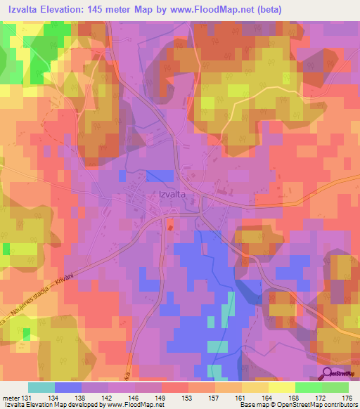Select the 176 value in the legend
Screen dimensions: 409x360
coord(348,397)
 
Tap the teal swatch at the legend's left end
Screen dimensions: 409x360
coord(41,387)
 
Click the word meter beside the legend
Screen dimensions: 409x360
coord(11,397)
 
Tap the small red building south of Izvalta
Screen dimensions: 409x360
coord(169,225)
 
